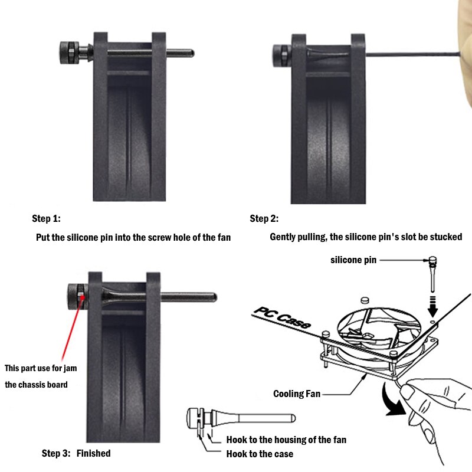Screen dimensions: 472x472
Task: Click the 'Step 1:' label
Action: [46, 219]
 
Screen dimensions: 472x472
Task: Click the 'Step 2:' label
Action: [264, 219]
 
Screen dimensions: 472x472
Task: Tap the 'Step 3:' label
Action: [55, 454]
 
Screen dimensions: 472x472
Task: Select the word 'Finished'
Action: [93, 454]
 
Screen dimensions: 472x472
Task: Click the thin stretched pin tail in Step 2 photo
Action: [413, 54]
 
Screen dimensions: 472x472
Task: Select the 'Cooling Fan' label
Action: [297, 394]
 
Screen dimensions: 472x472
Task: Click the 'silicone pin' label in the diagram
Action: [353, 260]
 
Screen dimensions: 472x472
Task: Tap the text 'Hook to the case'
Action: [260, 454]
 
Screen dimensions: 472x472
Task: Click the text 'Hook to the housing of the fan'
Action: [286, 440]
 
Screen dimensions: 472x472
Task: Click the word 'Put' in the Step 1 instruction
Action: [44, 237]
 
